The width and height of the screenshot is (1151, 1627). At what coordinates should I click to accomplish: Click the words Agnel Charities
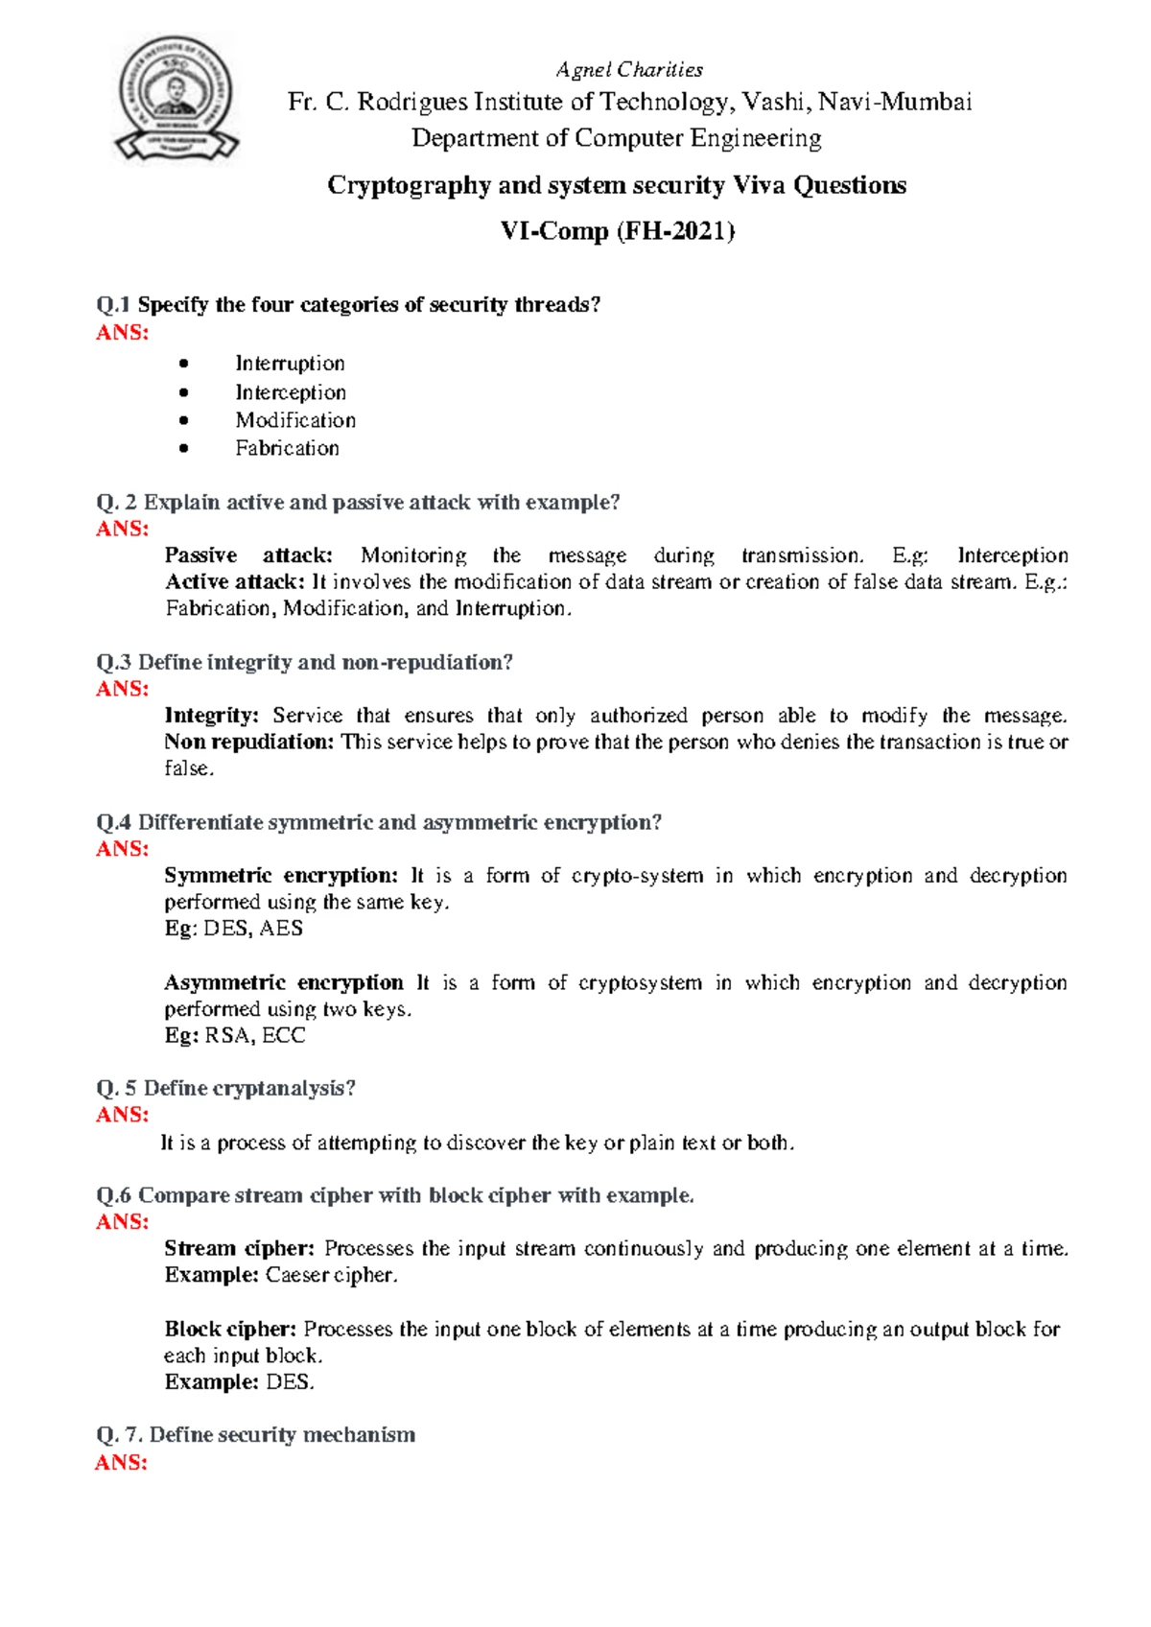(629, 70)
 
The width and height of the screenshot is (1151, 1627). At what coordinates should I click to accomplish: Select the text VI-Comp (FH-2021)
(617, 231)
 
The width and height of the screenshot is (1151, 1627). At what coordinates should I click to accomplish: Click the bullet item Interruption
(290, 364)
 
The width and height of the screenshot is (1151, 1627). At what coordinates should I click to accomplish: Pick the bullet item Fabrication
(287, 448)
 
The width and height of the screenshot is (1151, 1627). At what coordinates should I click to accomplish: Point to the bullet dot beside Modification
(183, 420)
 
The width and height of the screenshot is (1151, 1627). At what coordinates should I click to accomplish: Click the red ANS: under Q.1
(122, 333)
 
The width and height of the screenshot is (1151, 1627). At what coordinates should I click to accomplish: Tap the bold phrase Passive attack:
(248, 555)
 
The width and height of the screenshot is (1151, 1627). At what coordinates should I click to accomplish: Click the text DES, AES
(253, 928)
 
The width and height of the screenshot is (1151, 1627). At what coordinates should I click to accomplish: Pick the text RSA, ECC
(255, 1035)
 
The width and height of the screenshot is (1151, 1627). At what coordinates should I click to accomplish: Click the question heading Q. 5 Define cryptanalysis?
(226, 1088)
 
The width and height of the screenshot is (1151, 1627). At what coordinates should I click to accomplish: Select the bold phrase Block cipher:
(230, 1329)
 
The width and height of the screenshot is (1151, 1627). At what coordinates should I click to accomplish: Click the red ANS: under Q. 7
(121, 1462)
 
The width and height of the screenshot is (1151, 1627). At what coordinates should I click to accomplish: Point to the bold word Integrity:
(212, 716)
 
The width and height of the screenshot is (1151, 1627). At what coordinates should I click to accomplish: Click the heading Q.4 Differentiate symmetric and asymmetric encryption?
(379, 822)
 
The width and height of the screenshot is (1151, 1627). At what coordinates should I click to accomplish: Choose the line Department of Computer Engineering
(617, 138)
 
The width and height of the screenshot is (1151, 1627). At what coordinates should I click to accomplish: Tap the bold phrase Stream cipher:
(239, 1248)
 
